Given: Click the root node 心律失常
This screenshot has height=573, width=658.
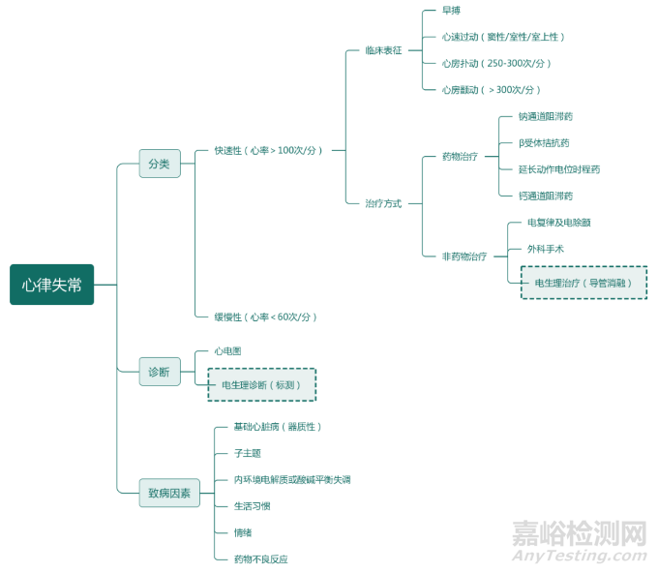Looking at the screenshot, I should coord(52,285).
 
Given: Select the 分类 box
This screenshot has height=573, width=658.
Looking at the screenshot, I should coord(160,164).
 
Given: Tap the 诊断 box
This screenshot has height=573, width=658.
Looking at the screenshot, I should coord(160,372).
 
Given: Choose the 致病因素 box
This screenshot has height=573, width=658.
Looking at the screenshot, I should coord(169,493).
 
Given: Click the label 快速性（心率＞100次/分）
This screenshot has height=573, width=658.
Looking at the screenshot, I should coord(269,151).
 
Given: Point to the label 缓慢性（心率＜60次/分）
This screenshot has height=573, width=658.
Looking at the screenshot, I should coord(266,317).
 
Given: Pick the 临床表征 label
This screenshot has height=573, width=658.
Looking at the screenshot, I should coord(383,49).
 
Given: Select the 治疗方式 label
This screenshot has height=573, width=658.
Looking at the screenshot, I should coord(383,204).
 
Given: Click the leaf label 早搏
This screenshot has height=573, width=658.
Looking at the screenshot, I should coord(452,11).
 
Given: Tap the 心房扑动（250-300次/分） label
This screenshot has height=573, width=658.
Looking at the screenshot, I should coord(496,64).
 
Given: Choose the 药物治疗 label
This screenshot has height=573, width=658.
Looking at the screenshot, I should coord(460,157).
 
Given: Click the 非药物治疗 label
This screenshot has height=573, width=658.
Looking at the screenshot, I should coord(464,256).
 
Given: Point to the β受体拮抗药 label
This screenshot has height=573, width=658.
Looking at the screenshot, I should coord(544,143).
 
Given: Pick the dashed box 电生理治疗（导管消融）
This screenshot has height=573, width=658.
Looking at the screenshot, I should coord(583,283).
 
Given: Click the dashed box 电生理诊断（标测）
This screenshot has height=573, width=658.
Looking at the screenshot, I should coord(261,385).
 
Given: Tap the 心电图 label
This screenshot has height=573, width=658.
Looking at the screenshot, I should coord(228,351).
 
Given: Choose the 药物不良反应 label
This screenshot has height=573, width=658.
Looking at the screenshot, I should coord(261,559).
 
